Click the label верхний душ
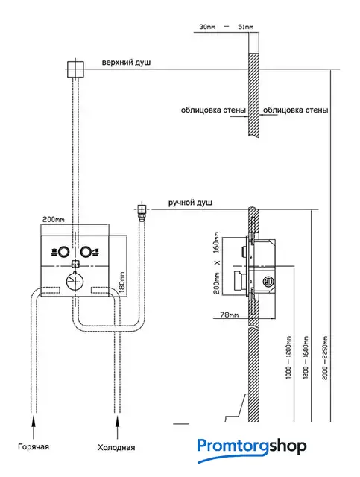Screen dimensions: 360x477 click(126, 63)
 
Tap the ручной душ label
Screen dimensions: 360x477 click(190, 203)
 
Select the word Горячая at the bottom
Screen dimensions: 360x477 click(34, 446)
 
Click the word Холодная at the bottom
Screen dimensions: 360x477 click(116, 447)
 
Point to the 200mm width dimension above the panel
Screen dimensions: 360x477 click(53, 220)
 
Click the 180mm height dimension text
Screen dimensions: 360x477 click(122, 282)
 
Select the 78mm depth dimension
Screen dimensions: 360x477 click(230, 315)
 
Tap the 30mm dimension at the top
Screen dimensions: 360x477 click(207, 27)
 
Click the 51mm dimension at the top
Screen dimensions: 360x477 click(245, 27)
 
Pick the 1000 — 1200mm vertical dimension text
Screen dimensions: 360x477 click(288, 357)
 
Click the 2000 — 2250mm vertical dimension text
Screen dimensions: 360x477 click(325, 358)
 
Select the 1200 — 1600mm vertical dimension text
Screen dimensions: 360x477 click(306, 358)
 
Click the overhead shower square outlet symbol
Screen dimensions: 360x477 click(75, 69)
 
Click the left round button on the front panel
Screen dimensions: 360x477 click(64, 252)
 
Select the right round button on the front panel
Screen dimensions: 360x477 click(86, 252)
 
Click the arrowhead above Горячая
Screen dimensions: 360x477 click(34, 420)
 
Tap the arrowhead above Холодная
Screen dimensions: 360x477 click(118, 420)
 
